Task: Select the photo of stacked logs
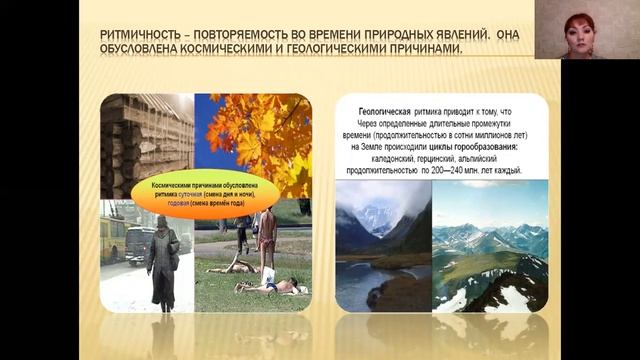(x=146, y=140)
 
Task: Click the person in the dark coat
(x=160, y=260)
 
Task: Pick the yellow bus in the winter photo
(x=112, y=238)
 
